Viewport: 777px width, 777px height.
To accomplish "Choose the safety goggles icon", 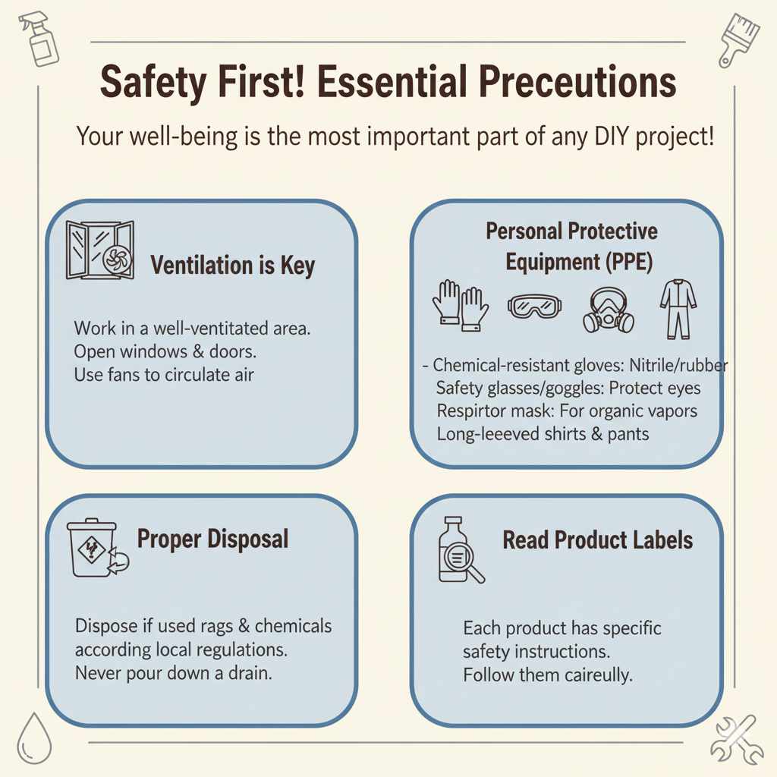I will click(534, 307).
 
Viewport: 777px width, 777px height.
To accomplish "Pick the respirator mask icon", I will click(609, 310).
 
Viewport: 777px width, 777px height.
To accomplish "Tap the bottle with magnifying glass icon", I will click(459, 550).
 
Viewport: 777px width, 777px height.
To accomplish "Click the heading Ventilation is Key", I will click(232, 266).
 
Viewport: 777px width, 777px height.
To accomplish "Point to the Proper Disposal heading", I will click(212, 539).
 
